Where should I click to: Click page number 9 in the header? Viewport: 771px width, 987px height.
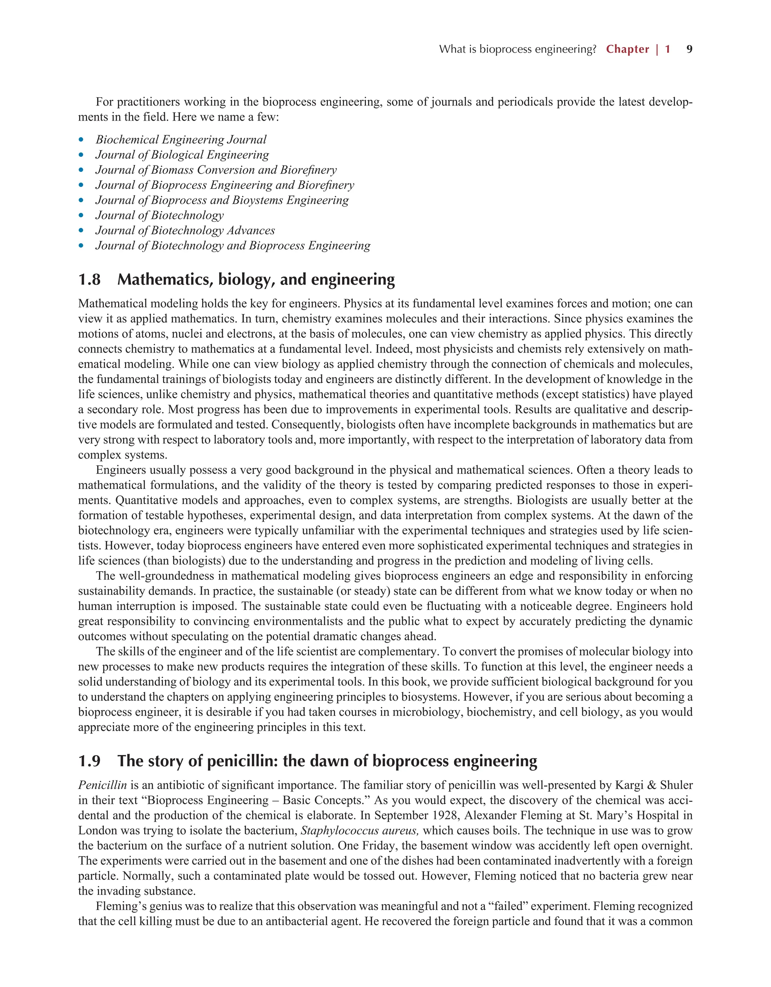click(689, 49)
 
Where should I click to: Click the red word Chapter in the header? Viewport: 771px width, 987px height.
click(627, 49)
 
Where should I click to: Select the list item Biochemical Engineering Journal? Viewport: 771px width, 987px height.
click(181, 140)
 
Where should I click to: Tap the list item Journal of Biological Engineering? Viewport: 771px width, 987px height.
click(182, 155)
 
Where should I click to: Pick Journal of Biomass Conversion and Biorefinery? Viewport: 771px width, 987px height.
click(216, 170)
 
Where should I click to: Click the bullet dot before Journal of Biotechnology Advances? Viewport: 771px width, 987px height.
click(81, 231)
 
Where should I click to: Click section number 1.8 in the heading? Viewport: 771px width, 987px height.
click(90, 280)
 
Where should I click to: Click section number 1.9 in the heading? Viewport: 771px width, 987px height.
click(90, 761)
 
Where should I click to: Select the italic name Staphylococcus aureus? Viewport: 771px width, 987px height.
click(360, 831)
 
